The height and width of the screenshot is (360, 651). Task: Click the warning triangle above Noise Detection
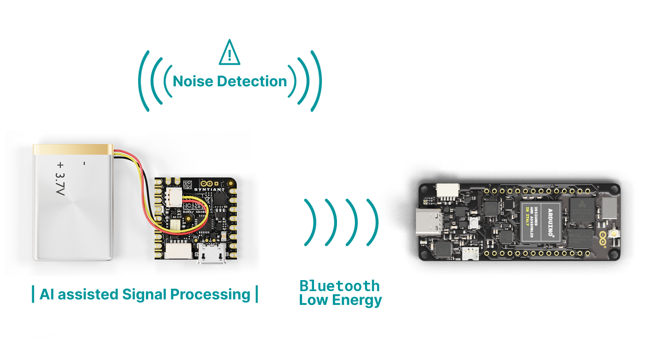pos(230,53)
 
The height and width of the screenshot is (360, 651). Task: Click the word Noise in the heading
pos(193,81)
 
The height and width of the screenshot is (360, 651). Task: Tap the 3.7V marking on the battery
pos(60,183)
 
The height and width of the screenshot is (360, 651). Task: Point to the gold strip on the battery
pos(73,149)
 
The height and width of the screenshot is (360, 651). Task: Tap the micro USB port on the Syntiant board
pos(212,255)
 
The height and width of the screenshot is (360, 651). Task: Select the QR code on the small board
pos(187,185)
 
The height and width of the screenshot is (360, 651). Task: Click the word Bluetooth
pos(339,286)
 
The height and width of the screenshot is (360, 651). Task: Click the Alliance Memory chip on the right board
pos(582,210)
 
